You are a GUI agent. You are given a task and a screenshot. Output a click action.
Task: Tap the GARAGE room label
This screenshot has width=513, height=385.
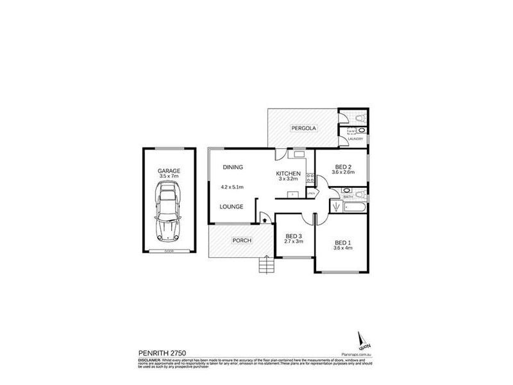(x=169, y=171)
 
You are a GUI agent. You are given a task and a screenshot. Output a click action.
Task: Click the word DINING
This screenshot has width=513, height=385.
(x=233, y=167)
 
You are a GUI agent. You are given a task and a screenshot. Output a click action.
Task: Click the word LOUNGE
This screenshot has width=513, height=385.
(x=231, y=207)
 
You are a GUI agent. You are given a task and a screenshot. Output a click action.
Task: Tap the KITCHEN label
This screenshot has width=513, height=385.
(x=289, y=174)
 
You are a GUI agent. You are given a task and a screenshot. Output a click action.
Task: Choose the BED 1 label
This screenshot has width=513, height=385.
(x=343, y=243)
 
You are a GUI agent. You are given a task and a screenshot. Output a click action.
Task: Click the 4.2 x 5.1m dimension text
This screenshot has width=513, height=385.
(x=233, y=187)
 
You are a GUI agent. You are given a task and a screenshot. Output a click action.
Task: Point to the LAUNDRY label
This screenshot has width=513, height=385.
(x=355, y=139)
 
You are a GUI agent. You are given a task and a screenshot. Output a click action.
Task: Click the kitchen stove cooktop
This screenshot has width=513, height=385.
(x=309, y=178)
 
